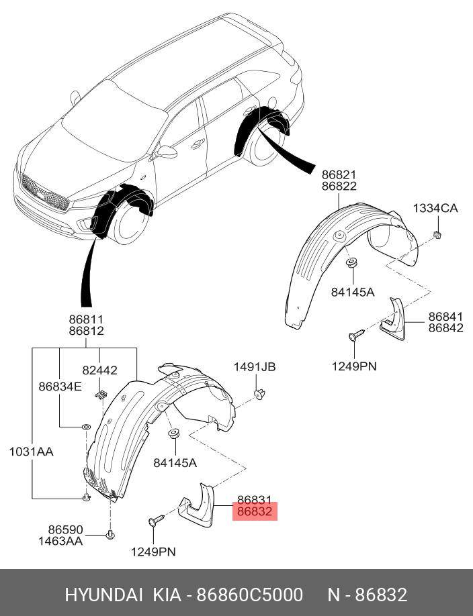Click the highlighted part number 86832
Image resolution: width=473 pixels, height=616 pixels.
pos(255,512)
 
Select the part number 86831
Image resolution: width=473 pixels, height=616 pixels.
pos(255,500)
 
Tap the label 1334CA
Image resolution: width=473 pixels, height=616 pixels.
pos(435,209)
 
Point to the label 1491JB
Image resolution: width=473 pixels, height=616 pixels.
pos(255,367)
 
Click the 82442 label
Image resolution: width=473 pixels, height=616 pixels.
pos(100,370)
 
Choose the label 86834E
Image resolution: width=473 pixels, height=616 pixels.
pos(60,387)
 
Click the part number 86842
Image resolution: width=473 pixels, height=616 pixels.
pos(446,328)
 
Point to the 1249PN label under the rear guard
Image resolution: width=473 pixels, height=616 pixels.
pos(353,366)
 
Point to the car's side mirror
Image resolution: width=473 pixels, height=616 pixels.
pos(167,152)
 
